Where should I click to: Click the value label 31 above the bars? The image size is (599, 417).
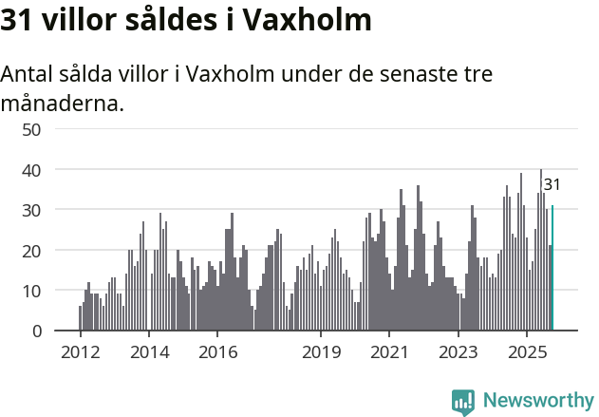pos(552,185)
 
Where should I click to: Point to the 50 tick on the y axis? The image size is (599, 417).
pos(31,129)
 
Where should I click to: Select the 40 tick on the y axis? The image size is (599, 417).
pos(31,169)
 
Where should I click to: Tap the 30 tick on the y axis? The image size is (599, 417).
pos(31,210)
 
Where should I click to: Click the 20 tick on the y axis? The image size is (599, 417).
pos(31,250)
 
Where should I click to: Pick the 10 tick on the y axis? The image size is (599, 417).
pos(31,291)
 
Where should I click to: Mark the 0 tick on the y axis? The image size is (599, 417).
pos(36,331)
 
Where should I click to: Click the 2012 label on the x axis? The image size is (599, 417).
pos(80,351)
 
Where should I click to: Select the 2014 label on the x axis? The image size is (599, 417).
pos(148,351)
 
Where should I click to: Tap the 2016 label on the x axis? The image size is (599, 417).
pos(217,351)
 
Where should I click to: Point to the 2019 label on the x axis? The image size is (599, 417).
pos(321,351)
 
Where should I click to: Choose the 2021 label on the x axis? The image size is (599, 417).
pos(389,351)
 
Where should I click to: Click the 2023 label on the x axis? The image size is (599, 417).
pos(459,351)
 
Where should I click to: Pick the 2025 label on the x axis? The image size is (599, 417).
pos(527,351)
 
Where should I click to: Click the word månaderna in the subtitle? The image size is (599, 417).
pos(63,103)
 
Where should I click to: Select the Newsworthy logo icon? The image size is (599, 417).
pos(463,402)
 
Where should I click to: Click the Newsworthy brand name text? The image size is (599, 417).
pos(537,401)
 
